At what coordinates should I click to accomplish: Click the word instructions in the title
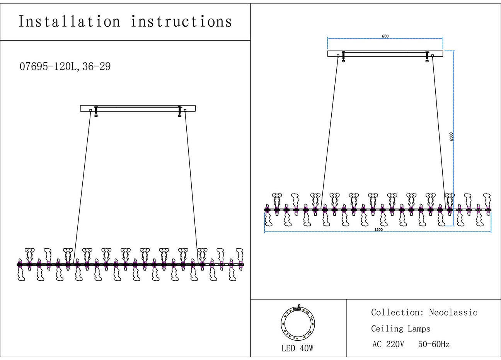tap(181, 22)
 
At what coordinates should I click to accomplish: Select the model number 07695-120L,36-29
tap(65, 67)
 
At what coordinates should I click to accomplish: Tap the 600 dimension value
tap(385, 36)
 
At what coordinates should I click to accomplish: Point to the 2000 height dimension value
tap(451, 136)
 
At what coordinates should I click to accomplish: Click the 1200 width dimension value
tap(378, 230)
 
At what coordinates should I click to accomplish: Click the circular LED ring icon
tap(298, 323)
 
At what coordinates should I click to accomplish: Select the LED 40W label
tap(297, 348)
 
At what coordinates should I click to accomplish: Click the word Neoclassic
tap(453, 312)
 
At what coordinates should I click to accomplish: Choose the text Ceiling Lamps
tap(400, 329)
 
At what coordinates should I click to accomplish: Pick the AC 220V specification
tap(388, 344)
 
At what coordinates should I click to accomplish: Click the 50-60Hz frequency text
tap(434, 344)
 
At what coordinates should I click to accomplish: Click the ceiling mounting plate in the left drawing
tap(138, 109)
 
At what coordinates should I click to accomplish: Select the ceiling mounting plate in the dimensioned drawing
tap(385, 54)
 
